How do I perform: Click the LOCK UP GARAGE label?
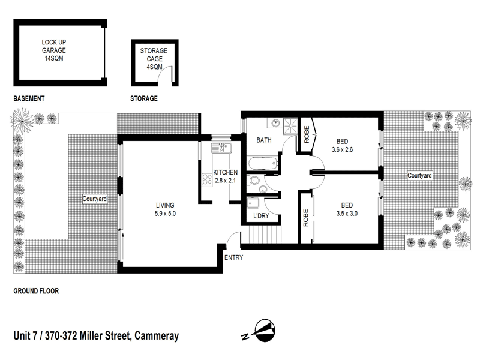tap(53, 50)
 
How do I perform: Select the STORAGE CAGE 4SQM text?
tap(154, 59)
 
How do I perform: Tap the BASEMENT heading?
tap(29, 98)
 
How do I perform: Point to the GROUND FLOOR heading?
tap(36, 292)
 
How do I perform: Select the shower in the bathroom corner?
tap(290, 125)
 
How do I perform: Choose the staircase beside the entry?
tap(260, 235)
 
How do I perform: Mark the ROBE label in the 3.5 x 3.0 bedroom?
tap(305, 218)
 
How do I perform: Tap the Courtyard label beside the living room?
tap(95, 199)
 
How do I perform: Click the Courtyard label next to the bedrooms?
tap(419, 176)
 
